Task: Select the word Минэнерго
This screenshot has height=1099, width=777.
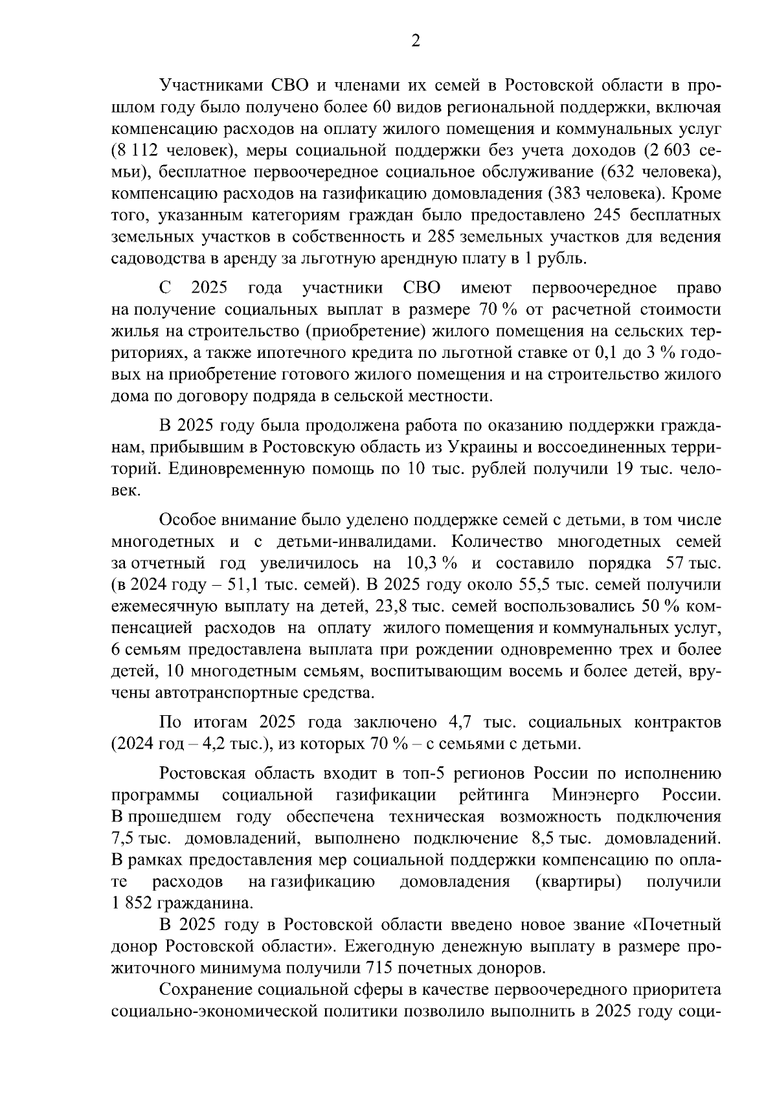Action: pyautogui.click(x=595, y=795)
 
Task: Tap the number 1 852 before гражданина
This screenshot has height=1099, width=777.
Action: pyautogui.click(x=133, y=903)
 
